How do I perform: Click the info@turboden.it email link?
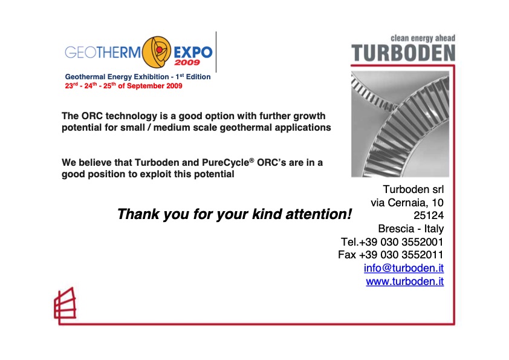click(x=404, y=267)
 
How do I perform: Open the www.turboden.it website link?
click(x=404, y=281)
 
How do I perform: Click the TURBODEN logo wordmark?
click(x=403, y=53)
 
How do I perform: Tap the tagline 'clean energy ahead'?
click(x=423, y=39)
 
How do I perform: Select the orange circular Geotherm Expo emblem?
click(x=157, y=51)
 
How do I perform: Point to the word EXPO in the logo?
click(x=193, y=51)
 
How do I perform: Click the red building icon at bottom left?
click(x=64, y=304)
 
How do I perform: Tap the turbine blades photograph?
click(x=400, y=124)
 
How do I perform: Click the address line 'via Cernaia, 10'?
click(x=407, y=202)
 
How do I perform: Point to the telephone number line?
click(x=392, y=241)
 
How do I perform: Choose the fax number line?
click(x=391, y=255)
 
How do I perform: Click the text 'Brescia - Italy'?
click(x=410, y=229)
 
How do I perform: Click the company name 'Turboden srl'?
click(x=413, y=189)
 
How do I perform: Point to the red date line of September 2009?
click(x=123, y=86)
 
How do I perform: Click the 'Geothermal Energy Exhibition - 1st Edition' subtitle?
click(x=138, y=77)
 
